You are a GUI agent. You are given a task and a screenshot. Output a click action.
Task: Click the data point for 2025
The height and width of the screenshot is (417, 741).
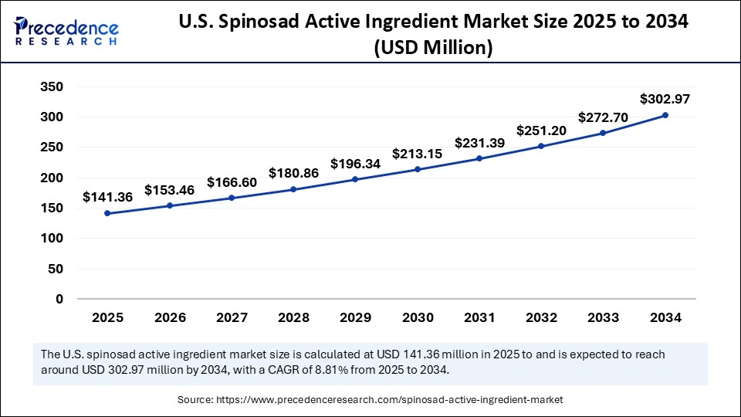pos(107,213)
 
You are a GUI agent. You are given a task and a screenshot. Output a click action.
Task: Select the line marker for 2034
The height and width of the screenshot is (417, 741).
pos(665,115)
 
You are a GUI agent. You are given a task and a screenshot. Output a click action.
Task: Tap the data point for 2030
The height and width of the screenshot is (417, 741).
pos(417,169)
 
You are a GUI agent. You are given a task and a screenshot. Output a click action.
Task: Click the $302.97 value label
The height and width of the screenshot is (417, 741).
pos(665,99)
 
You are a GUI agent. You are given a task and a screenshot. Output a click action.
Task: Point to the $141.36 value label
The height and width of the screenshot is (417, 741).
pos(107,197)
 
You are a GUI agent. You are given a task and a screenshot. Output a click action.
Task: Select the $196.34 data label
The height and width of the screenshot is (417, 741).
pos(355,164)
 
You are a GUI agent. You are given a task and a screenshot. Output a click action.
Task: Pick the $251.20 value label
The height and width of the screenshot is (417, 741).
pos(541,131)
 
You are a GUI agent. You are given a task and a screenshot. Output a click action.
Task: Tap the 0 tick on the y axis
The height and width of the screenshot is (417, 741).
pos(59,299)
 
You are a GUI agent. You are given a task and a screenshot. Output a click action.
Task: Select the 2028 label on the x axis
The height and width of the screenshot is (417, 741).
pos(293,317)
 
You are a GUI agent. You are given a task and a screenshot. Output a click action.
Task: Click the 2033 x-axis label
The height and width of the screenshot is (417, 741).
pos(603,317)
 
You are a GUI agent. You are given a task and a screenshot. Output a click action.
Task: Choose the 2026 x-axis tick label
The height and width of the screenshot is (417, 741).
pos(169,317)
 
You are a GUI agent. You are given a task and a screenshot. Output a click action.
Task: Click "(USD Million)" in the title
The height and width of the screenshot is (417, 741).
pos(433,48)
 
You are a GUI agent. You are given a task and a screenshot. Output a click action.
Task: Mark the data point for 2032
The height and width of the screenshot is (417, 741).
pos(541,146)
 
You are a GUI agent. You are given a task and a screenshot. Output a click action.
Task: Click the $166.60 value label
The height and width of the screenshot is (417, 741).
pos(232,182)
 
